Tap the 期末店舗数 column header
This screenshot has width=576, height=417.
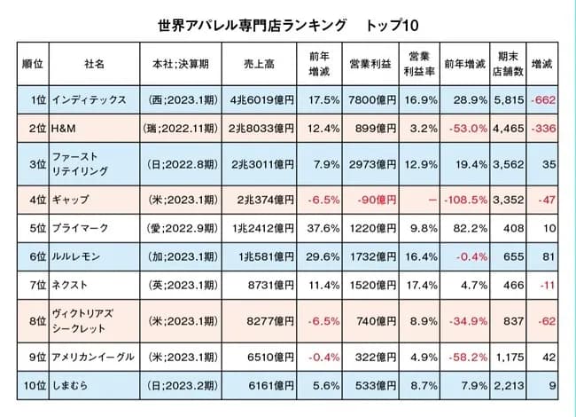click(509, 64)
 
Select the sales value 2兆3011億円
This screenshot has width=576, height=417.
click(261, 164)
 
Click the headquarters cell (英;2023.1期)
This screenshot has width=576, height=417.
click(177, 286)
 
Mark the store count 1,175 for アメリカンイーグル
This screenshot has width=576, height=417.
click(510, 356)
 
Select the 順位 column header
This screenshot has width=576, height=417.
click(34, 64)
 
